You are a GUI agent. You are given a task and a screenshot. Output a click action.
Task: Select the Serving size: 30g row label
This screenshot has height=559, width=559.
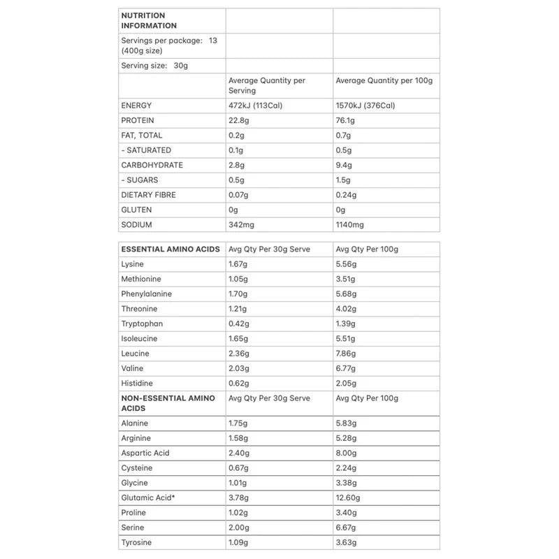point(154,66)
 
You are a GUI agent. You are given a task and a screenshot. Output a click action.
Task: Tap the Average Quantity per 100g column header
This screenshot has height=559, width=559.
point(384,80)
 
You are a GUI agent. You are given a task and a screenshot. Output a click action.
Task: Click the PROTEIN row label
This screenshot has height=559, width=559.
point(137,120)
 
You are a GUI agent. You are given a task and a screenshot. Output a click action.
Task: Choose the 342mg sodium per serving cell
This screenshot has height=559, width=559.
point(241,224)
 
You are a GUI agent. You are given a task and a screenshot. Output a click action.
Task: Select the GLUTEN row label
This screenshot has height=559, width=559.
point(136,210)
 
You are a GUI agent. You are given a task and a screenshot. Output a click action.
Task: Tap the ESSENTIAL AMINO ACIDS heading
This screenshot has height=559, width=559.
point(170,249)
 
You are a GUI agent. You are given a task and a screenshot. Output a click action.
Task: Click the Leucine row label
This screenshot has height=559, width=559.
point(135,354)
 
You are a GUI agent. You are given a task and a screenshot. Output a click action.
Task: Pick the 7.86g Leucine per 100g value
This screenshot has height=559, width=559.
point(346,354)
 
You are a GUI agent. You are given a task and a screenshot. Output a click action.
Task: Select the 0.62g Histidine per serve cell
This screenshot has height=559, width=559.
point(238,384)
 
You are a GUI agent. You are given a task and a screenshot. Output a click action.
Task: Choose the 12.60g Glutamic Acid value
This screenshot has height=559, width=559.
point(348,498)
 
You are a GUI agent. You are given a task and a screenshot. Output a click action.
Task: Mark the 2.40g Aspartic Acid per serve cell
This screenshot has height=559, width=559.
point(239,453)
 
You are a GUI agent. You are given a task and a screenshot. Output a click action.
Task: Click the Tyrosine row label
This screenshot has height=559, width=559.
point(136,542)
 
